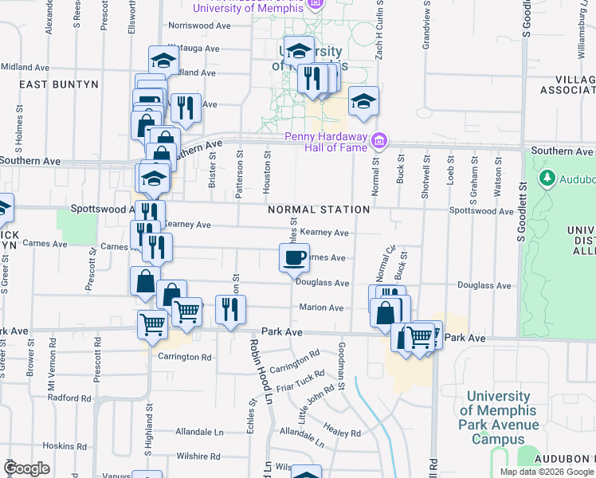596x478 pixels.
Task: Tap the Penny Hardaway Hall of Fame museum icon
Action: click(x=379, y=141)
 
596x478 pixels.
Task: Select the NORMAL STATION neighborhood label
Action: click(x=319, y=210)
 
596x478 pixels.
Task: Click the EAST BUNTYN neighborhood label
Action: click(x=58, y=84)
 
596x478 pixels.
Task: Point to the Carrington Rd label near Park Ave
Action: click(x=185, y=357)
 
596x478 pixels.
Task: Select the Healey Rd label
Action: click(x=343, y=433)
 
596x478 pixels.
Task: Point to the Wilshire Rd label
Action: click(x=198, y=456)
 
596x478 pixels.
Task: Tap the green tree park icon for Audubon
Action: click(x=547, y=177)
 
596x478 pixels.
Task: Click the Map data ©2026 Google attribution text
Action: click(x=546, y=472)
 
